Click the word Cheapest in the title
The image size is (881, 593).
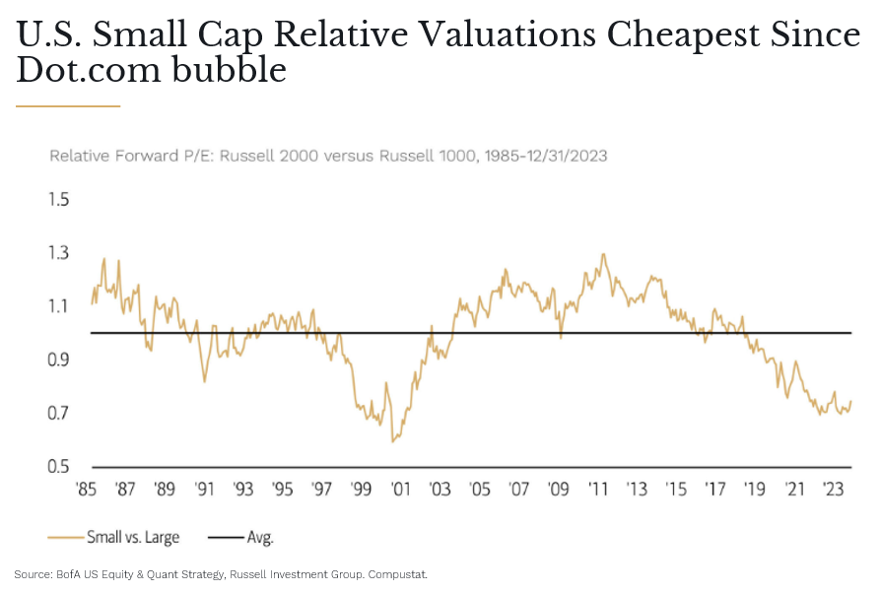pyautogui.click(x=685, y=35)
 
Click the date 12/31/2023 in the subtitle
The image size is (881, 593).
pyautogui.click(x=566, y=156)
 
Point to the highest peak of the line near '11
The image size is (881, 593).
pyautogui.click(x=602, y=254)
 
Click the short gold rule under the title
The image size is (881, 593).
pyautogui.click(x=68, y=105)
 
